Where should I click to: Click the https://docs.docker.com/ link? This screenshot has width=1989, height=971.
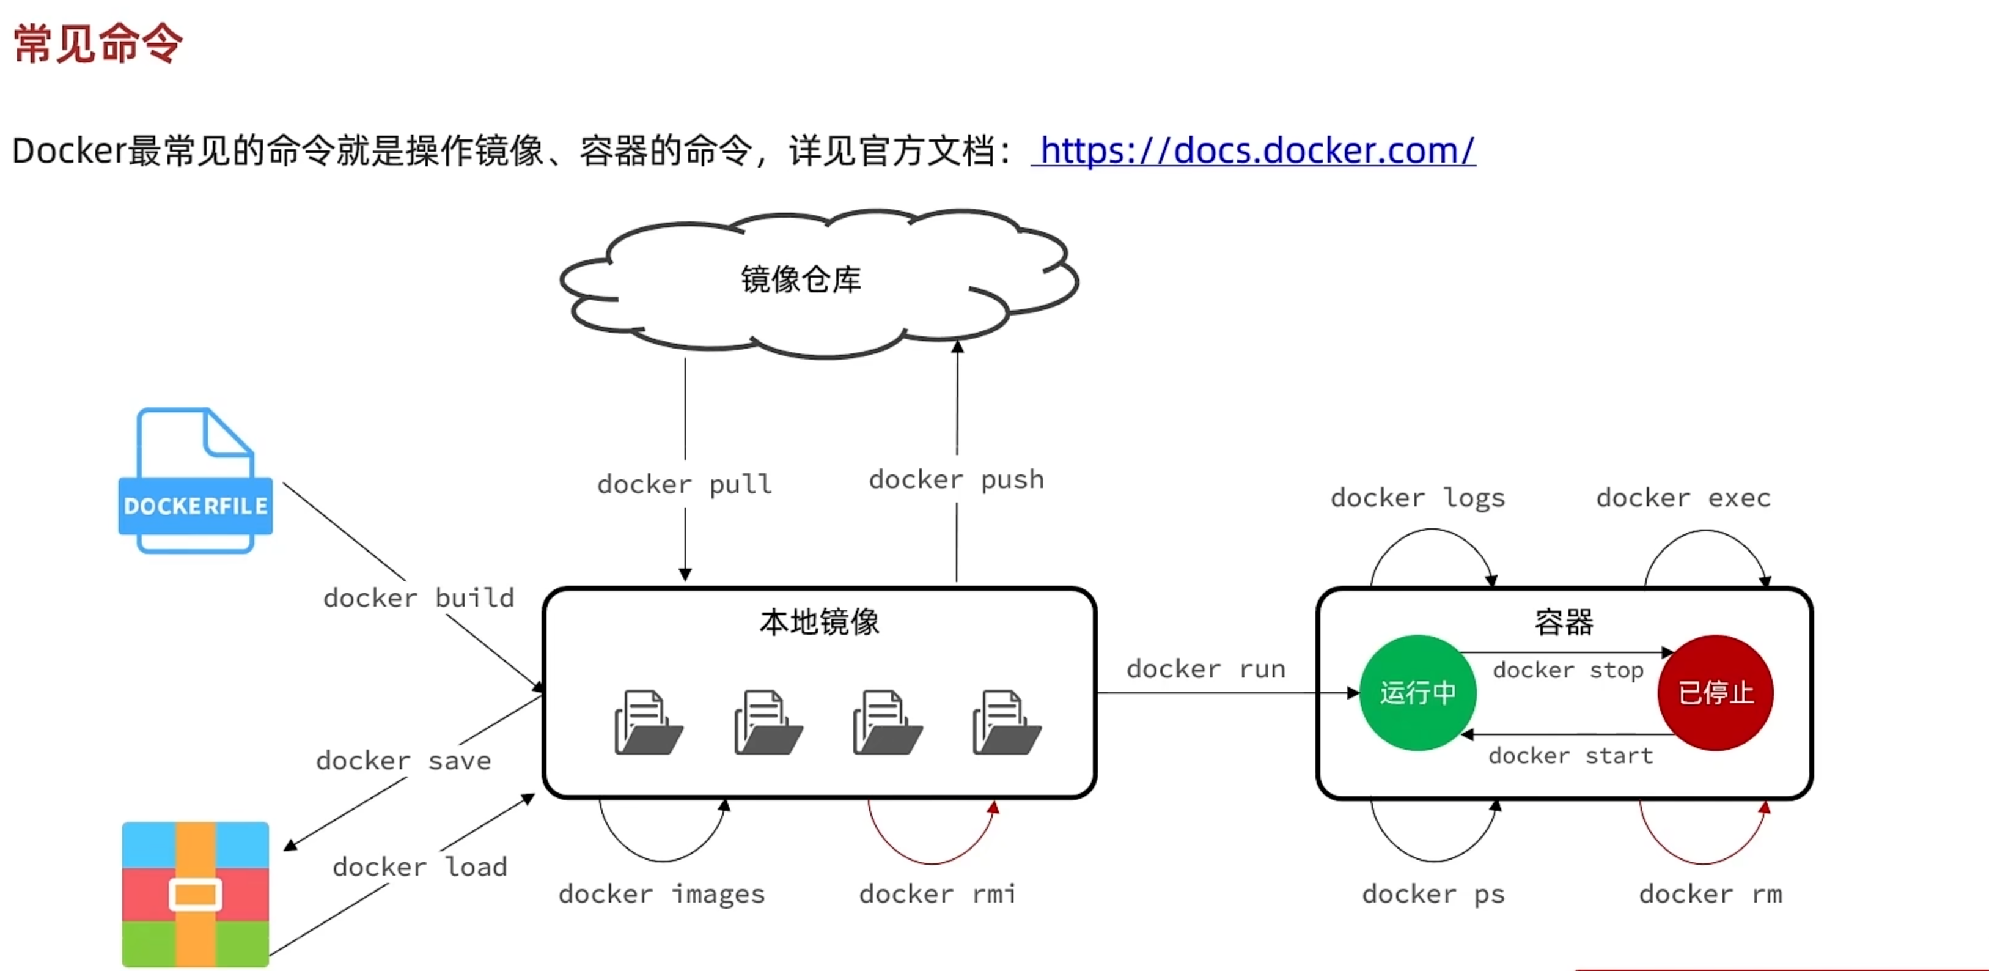point(1254,150)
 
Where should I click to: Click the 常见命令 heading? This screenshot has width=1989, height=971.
point(98,43)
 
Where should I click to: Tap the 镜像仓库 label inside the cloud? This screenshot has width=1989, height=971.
point(801,279)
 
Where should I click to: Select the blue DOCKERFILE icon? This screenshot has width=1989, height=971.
point(196,481)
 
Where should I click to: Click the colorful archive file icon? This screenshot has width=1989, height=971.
point(196,894)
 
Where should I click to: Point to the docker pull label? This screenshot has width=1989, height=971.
point(684,484)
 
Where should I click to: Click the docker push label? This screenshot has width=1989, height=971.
point(956,480)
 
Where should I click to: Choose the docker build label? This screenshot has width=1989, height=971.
point(419,598)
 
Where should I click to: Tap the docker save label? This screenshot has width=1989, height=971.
point(403,761)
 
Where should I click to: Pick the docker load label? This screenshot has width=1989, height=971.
point(420,866)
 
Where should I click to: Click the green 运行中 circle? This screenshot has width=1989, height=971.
point(1417,693)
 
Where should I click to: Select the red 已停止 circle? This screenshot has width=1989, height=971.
point(1716,693)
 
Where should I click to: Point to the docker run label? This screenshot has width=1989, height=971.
point(1206,669)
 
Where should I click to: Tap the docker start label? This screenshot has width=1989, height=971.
point(1570,756)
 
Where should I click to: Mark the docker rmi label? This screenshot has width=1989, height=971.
point(938,894)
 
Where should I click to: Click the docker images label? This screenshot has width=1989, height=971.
point(662,894)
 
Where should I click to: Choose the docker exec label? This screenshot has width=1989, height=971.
point(1683,498)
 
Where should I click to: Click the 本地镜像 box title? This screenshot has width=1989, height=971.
point(819,622)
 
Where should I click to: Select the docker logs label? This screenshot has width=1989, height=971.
point(1417,498)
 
